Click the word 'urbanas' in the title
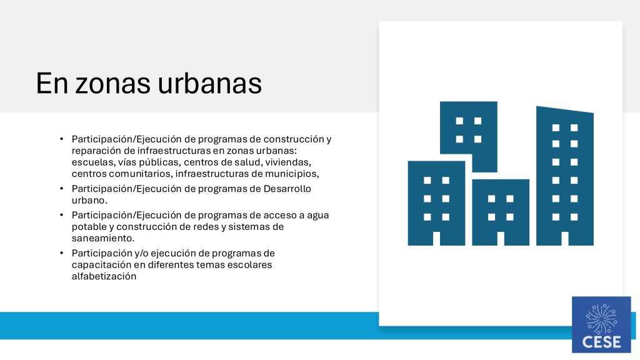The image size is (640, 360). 210,83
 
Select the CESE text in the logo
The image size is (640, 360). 601,342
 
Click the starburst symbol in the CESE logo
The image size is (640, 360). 601,319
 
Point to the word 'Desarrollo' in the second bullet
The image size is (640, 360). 287,189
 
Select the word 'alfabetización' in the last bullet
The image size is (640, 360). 104,276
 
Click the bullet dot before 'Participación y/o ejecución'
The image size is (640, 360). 61,253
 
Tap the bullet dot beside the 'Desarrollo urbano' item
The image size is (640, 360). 61,189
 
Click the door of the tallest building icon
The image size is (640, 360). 565,239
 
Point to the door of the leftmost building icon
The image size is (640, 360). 436,239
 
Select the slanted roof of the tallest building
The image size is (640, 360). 565,109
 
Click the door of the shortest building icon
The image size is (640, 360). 501,239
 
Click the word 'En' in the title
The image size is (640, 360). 52,84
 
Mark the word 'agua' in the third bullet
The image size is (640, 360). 318,216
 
